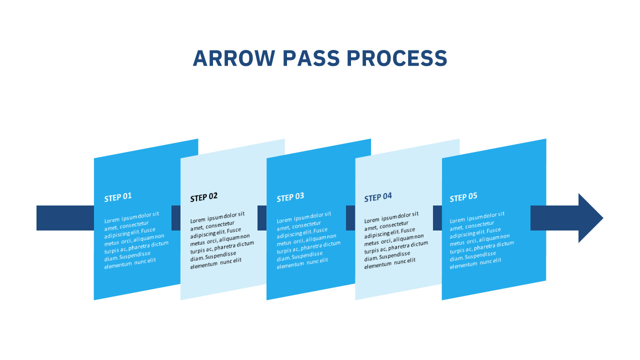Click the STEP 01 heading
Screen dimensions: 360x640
point(118,197)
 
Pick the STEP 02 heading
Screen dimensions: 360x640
point(204,197)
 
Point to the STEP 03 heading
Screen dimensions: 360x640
point(290,197)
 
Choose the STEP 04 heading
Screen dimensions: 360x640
point(378,197)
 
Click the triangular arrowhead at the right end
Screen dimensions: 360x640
point(590,218)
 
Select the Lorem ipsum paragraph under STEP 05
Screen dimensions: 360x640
point(479,240)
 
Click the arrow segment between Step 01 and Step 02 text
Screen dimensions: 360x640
point(176,218)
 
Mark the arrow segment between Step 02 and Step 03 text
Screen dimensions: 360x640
point(262,218)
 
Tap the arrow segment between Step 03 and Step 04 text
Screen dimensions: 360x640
point(350,218)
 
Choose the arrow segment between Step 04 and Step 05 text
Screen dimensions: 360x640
point(437,218)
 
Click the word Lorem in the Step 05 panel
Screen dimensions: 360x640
point(458,220)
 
